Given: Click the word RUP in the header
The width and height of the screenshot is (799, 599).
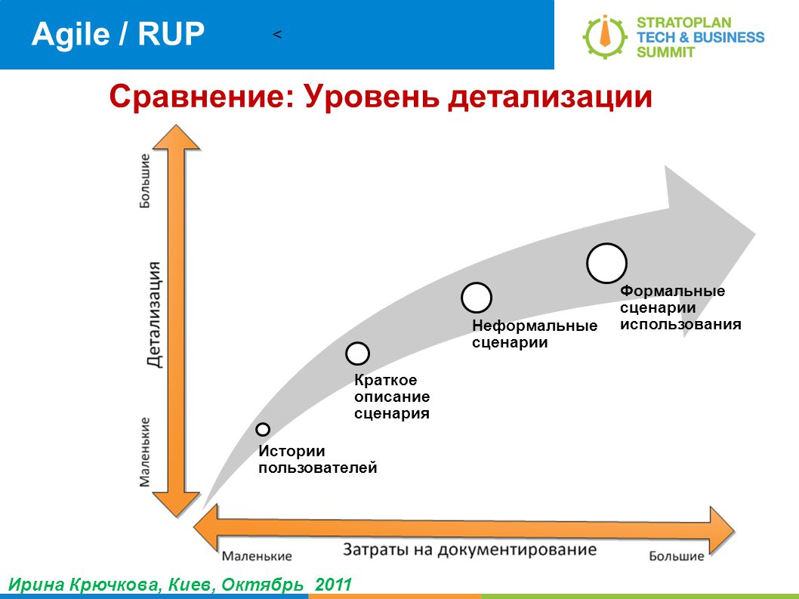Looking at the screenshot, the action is [x=171, y=34].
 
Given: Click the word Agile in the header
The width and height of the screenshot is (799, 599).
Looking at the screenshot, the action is [x=70, y=35].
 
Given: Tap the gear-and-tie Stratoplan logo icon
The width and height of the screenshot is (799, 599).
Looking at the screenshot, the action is [x=605, y=36].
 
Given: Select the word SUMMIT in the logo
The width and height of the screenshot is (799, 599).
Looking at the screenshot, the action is [x=665, y=52].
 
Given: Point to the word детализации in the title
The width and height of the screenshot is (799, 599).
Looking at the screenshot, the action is [x=551, y=97].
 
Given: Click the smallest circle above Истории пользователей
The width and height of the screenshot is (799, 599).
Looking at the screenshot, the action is [x=262, y=429].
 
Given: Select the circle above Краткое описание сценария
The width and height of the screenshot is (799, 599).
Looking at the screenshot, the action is [x=357, y=354].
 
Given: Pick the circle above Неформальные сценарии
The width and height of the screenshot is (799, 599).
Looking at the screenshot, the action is [x=477, y=298].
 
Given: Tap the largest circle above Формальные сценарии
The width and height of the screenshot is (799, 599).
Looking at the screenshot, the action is [x=606, y=263].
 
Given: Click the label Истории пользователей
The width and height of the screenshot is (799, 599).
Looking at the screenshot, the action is [x=317, y=459].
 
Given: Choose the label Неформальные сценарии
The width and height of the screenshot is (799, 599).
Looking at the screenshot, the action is [x=535, y=334].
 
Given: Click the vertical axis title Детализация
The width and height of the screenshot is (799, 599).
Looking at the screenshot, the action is [x=154, y=314].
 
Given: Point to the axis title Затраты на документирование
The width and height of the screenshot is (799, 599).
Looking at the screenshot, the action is [x=469, y=550].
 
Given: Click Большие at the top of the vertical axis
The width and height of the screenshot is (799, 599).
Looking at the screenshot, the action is [x=145, y=181].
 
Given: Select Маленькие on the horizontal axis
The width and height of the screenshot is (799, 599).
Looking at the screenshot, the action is [x=257, y=556].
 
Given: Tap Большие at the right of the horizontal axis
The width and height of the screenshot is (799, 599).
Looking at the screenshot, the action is [x=676, y=556].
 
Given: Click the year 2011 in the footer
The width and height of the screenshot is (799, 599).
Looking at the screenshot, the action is [x=333, y=584].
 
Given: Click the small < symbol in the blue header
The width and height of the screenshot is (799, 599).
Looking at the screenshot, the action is [x=277, y=35].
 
